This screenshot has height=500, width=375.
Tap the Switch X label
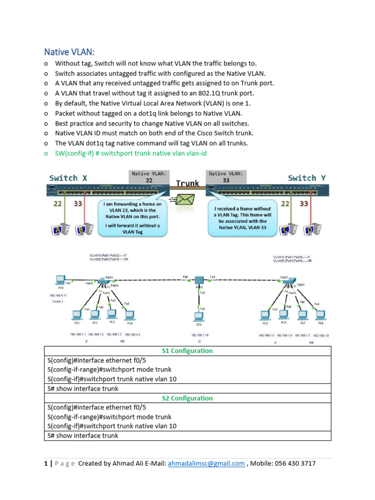[x=68, y=178]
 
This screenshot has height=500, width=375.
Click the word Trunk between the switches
[x=188, y=184]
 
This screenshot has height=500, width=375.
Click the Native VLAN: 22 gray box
[x=148, y=177]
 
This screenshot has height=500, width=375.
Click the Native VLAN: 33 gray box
[x=227, y=177]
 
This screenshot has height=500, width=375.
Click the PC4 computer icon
[x=129, y=314]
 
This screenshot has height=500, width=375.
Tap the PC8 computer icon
[x=320, y=314]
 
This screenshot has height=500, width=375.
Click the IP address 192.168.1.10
[x=200, y=335]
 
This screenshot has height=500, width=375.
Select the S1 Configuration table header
[x=187, y=351]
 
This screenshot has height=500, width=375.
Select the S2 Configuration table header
[x=187, y=398]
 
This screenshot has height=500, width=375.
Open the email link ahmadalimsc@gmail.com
[x=206, y=463]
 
